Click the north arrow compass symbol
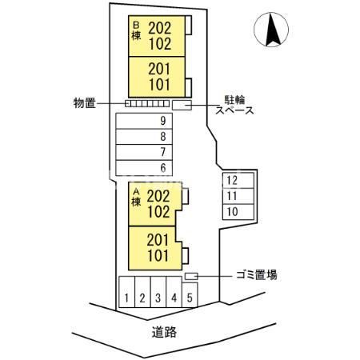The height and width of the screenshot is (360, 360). click(x=271, y=30)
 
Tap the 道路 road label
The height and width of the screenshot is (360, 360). click(x=164, y=332)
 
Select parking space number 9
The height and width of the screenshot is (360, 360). click(x=144, y=121)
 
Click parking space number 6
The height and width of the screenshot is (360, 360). click(x=144, y=168)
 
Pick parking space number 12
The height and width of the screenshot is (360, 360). click(x=238, y=181)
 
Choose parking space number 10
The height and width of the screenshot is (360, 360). click(x=238, y=212)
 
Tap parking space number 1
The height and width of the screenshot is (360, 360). click(x=126, y=292)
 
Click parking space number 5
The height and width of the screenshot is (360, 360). click(x=190, y=295)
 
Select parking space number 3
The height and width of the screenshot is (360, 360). click(x=158, y=292)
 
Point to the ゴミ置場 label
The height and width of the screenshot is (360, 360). click(x=257, y=274)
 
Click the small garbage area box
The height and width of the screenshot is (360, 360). click(x=191, y=276)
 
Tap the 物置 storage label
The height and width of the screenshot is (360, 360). click(x=85, y=103)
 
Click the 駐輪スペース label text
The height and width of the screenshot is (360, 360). click(x=234, y=105)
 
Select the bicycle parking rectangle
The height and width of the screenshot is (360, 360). click(x=182, y=105)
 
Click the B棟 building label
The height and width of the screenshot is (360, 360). click(x=136, y=31)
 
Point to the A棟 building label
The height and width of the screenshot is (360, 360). click(x=136, y=198)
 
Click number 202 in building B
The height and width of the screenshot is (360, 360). click(x=160, y=28)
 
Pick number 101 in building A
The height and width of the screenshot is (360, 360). click(x=158, y=255)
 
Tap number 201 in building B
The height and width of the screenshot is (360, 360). click(x=159, y=70)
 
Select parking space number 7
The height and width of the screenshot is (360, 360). click(x=144, y=152)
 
